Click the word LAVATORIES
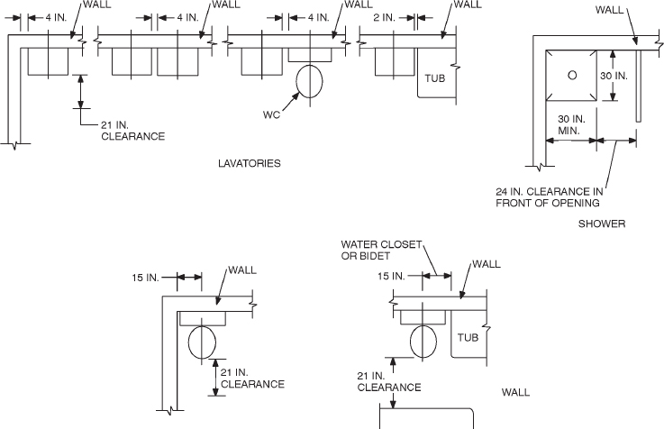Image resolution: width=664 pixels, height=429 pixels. point(250,164)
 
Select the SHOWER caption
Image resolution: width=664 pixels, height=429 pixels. point(602,224)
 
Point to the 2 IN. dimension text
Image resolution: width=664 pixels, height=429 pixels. point(384,17)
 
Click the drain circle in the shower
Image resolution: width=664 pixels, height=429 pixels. point(571,77)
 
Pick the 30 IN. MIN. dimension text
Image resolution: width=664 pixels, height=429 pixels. point(571,124)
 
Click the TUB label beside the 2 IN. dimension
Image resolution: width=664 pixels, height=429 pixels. point(434,78)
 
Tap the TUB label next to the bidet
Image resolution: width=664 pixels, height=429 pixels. point(467,338)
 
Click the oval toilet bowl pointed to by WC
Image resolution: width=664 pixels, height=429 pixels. point(309,81)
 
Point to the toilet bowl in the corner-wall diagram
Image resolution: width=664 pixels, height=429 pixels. point(202,342)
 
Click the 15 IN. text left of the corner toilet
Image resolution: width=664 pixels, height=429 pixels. point(147,277)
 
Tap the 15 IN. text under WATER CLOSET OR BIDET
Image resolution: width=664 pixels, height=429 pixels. point(390,276)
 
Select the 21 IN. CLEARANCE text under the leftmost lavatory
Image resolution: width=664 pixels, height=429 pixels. point(132,131)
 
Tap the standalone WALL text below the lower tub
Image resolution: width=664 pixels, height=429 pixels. point(515,392)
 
